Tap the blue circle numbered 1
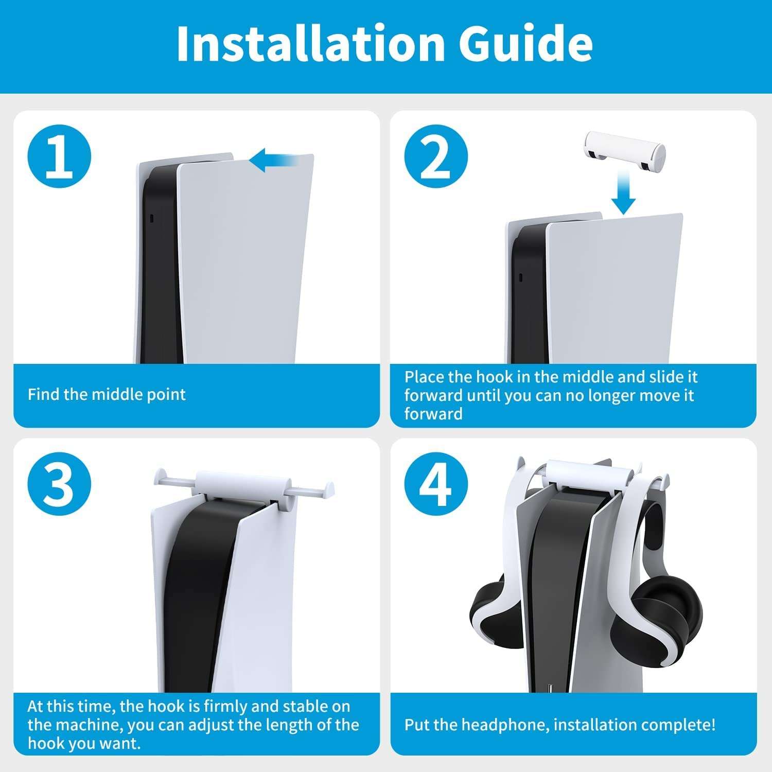59,156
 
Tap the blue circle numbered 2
436,156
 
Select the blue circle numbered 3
59,484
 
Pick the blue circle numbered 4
436,484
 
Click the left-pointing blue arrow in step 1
273,160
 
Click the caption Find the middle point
107,395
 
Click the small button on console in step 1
151,218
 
